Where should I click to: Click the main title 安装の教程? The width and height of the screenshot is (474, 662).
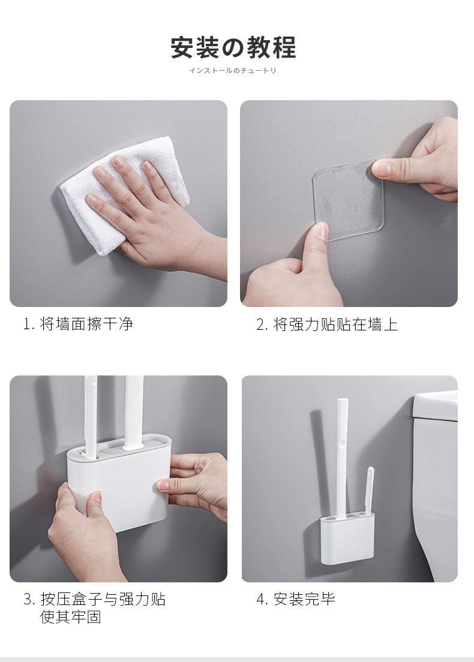point(233,47)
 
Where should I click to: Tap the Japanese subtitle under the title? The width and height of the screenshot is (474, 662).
point(232,71)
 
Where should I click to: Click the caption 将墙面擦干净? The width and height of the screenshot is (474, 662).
point(86,324)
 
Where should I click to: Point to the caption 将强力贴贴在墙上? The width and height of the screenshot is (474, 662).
point(335,324)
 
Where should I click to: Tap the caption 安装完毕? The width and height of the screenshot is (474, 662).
point(304,598)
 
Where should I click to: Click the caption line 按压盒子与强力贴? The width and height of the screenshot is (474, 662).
point(103,598)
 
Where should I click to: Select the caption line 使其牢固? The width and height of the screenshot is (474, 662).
point(71,617)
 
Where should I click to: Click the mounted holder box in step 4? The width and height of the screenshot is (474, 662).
point(347,539)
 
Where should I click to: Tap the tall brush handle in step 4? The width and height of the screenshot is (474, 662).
point(342,458)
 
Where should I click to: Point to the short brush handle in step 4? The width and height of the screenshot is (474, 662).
point(370,491)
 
